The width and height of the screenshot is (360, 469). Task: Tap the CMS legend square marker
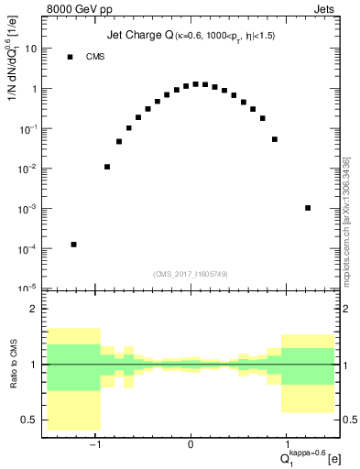[70, 57]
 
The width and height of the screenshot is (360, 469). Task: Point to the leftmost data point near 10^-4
[73, 245]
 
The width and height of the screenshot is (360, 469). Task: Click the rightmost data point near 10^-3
[308, 208]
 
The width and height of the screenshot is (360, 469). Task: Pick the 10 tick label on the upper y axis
[30, 49]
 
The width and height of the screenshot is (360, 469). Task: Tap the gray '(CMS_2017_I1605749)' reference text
[191, 274]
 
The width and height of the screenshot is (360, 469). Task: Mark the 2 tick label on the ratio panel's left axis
[33, 309]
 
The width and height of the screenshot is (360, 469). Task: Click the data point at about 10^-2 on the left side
[107, 167]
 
